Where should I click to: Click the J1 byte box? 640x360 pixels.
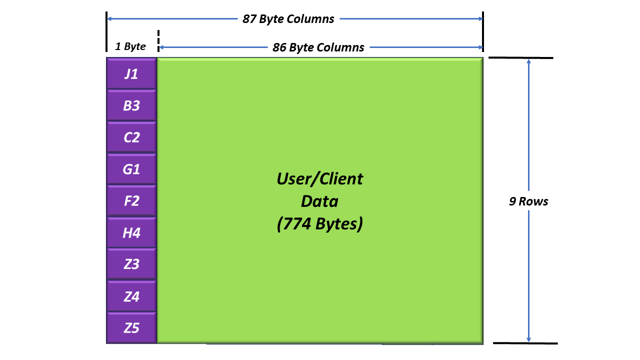[x=131, y=73]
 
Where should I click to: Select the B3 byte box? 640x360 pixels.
[x=131, y=105]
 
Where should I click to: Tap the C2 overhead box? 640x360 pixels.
[x=131, y=137]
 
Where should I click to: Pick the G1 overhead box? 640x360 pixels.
[x=131, y=168]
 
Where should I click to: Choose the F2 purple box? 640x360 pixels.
[x=131, y=200]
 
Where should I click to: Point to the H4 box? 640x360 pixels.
[x=131, y=232]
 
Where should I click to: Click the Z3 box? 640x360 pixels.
[x=131, y=263]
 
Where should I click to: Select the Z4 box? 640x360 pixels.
[x=131, y=295]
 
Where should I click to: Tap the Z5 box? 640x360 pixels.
[x=131, y=327]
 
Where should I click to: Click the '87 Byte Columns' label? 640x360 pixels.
[x=288, y=19]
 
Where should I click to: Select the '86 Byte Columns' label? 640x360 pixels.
[x=318, y=47]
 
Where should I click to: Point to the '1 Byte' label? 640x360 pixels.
[x=130, y=46]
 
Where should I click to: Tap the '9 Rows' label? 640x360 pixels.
[x=528, y=201]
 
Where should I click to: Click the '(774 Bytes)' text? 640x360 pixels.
[x=319, y=223]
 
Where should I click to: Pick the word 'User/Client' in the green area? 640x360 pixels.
[x=319, y=179]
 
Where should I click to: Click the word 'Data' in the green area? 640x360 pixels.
[x=319, y=201]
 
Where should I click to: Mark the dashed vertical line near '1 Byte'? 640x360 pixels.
[x=158, y=41]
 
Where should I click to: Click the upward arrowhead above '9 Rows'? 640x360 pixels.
[x=528, y=61]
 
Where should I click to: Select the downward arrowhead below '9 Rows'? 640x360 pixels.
[x=528, y=339]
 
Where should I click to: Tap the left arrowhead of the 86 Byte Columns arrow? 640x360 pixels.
[x=161, y=47]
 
